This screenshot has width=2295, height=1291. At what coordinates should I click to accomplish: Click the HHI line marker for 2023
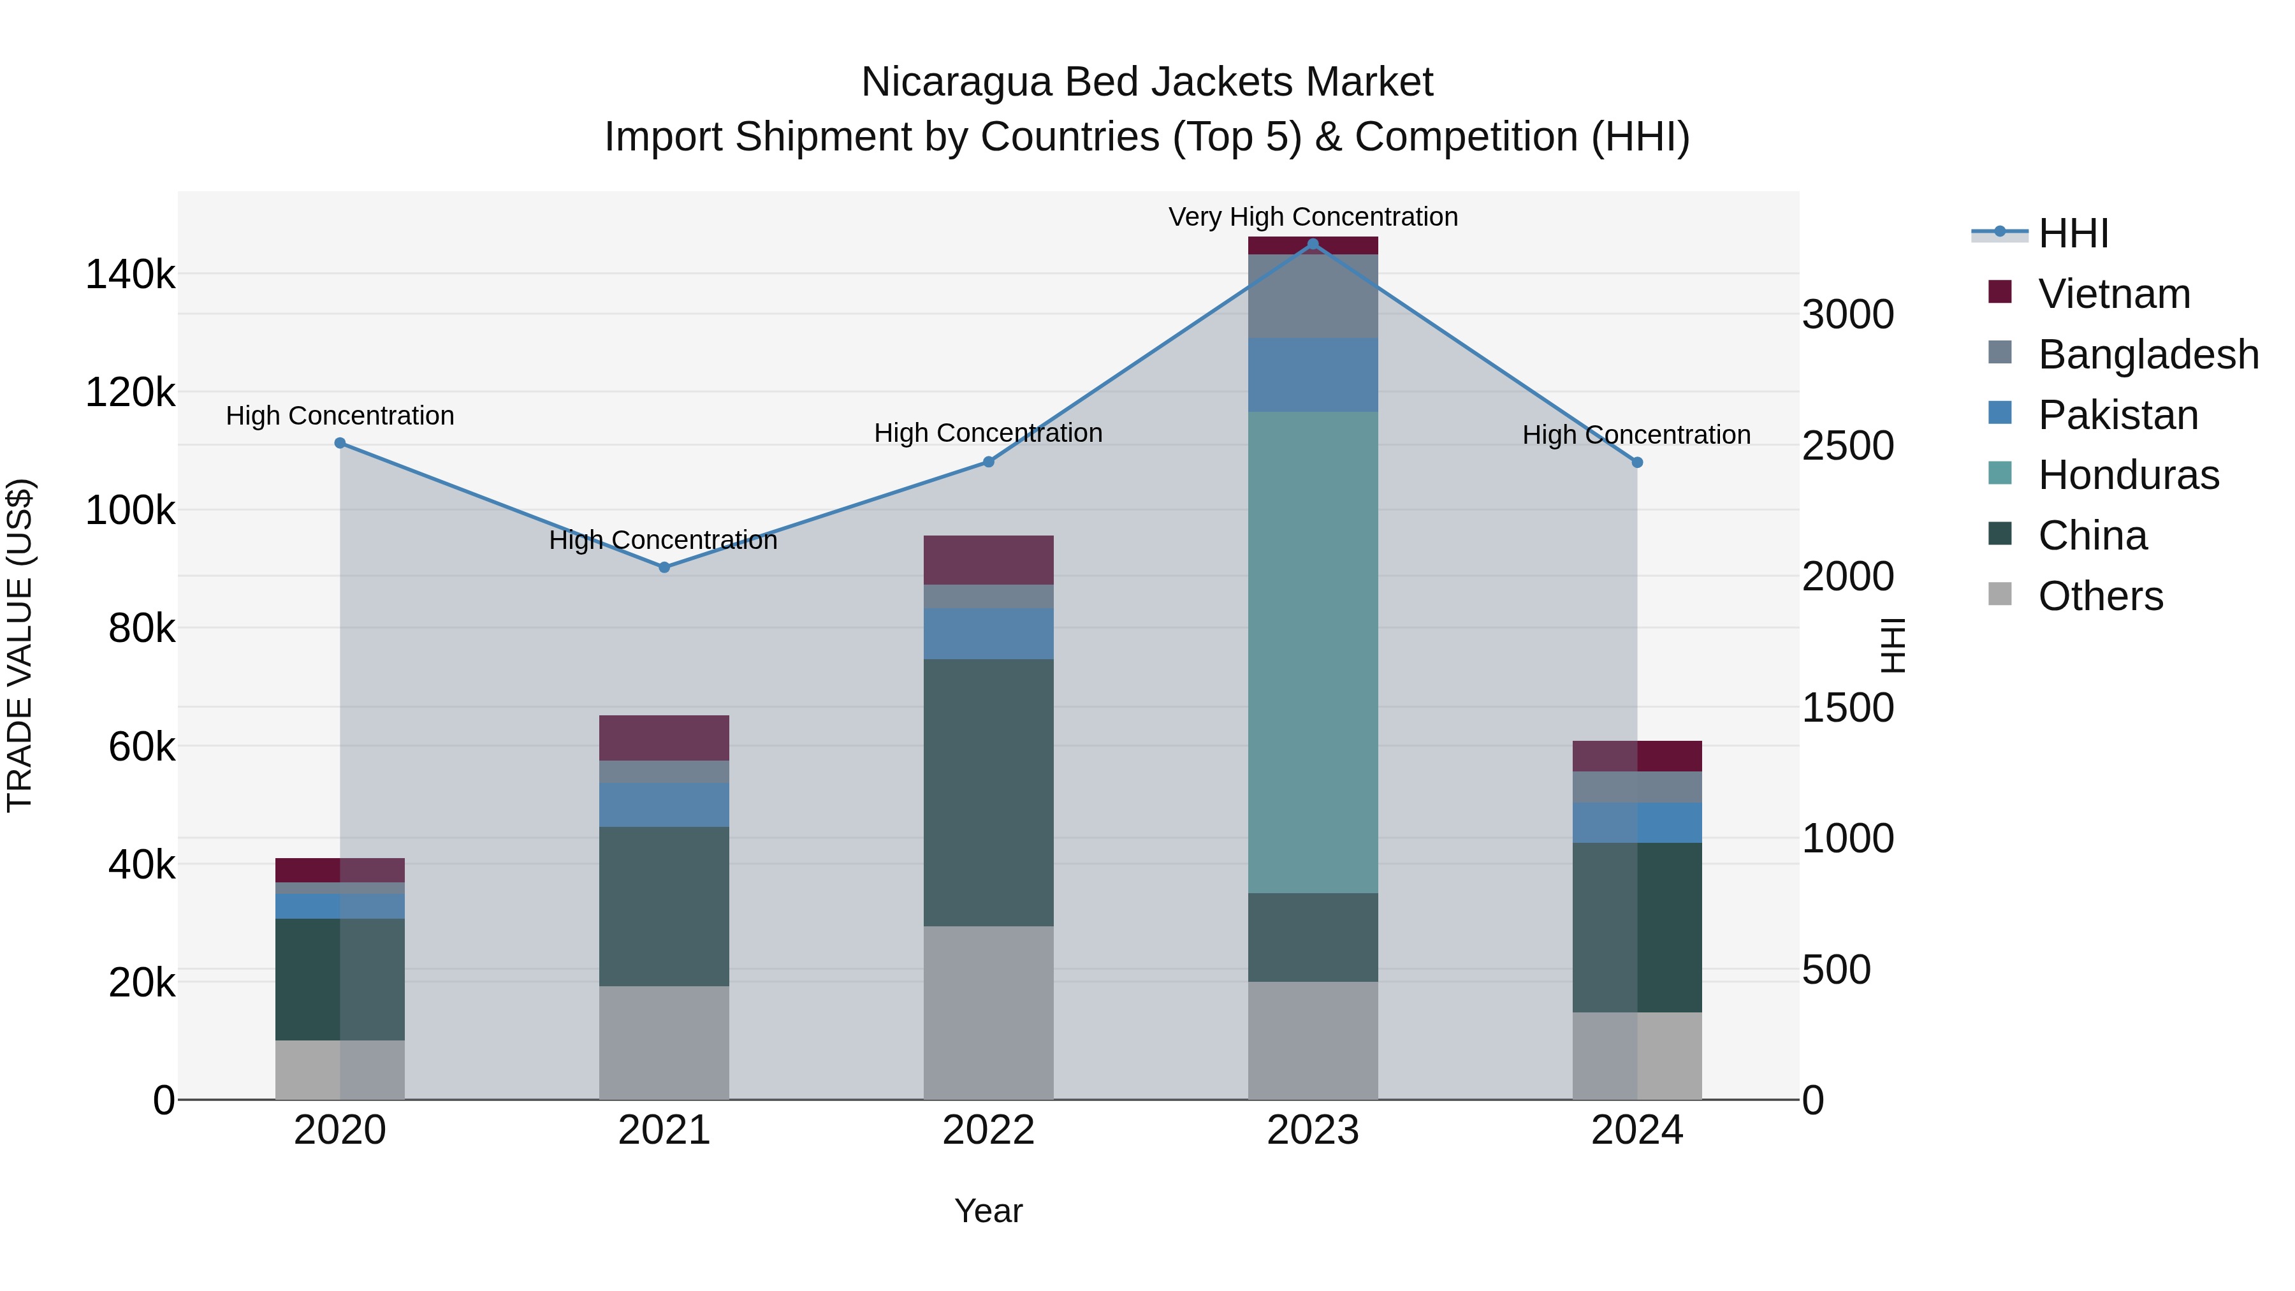tap(1313, 244)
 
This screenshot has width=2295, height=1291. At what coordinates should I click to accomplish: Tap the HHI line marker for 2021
tap(664, 567)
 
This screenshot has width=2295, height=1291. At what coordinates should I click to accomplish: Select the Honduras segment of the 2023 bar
tap(1313, 652)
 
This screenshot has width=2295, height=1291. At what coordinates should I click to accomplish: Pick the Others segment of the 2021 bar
tap(664, 1042)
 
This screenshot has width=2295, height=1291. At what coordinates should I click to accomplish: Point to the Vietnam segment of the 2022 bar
tap(988, 560)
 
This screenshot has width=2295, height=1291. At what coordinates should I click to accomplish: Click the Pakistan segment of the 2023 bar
tap(1313, 374)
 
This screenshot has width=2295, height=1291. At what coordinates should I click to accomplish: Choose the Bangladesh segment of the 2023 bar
tap(1313, 296)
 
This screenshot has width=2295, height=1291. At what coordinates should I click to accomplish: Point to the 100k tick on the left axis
tap(130, 511)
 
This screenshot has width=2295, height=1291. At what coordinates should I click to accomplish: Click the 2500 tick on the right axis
tap(1847, 446)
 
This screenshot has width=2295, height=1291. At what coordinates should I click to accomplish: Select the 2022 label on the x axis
tap(988, 1130)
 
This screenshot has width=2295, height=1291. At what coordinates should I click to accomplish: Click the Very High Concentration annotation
tap(1313, 217)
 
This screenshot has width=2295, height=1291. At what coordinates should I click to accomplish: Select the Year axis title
tap(988, 1211)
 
